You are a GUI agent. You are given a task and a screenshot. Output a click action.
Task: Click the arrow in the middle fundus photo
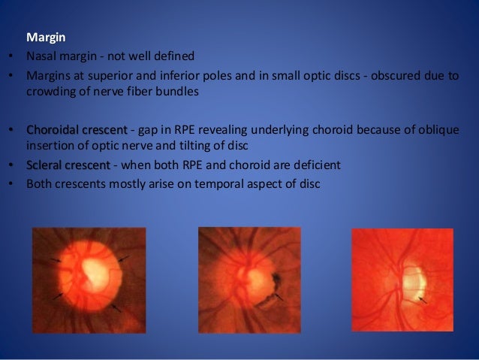[279, 298]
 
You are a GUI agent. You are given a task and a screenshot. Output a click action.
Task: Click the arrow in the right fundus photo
[423, 299]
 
